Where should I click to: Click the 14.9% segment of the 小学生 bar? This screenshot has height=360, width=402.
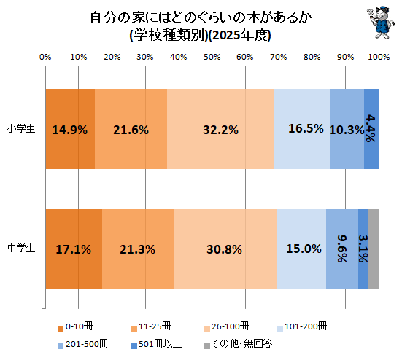70,129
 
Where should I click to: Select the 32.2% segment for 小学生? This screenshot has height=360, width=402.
221,129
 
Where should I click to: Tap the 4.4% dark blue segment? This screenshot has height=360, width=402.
371,129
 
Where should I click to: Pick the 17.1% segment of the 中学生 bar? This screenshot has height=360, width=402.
74,249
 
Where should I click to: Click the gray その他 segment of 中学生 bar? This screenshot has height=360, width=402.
374,249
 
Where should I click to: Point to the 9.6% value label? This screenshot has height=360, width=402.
342,249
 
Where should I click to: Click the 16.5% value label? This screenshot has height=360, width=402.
306,128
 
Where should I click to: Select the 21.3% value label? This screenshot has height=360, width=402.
138,249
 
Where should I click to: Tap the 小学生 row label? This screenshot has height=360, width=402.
21,128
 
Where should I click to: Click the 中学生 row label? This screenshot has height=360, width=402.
21,249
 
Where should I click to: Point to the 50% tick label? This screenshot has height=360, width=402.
212,57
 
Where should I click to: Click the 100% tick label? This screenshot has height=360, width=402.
379,57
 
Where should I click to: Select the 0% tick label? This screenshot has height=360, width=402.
45,57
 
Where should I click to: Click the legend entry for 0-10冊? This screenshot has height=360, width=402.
75,327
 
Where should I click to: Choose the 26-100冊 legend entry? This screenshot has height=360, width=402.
226,327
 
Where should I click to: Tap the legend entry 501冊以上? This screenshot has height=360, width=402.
156,344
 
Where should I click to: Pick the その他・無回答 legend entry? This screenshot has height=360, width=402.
238,344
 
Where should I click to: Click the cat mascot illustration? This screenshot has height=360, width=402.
379,23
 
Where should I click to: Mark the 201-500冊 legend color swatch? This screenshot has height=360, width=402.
61,346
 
